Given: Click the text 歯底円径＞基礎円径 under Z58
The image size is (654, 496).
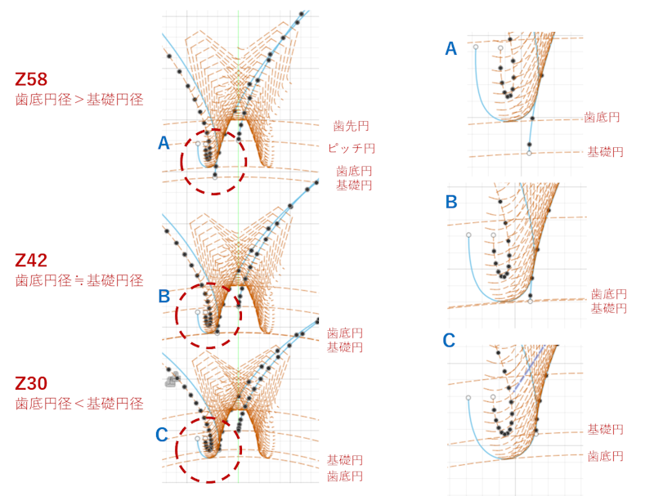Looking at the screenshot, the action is (x=79, y=100).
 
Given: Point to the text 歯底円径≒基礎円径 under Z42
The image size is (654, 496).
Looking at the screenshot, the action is (x=79, y=280).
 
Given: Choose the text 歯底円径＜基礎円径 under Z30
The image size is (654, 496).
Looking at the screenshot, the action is (x=79, y=403).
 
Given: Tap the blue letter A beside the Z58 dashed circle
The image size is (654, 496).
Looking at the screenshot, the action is (x=163, y=144).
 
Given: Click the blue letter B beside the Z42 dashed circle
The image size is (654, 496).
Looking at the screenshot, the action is (x=163, y=296).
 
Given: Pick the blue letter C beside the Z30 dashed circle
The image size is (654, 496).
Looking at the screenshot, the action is (x=161, y=436).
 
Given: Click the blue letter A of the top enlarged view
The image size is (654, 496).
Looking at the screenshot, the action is (x=450, y=49).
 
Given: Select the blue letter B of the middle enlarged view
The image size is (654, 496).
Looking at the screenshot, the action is (x=451, y=201).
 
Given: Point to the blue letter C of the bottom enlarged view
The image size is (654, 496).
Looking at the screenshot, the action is (x=449, y=340).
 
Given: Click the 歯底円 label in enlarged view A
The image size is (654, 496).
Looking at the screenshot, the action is (x=602, y=118).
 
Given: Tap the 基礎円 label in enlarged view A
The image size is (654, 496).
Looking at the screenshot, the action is (x=605, y=152).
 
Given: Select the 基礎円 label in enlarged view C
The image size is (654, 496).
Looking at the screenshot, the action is (x=606, y=429).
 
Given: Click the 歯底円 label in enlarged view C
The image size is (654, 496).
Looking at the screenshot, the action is (x=606, y=455).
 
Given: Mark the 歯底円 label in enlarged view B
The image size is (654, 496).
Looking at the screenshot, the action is (x=608, y=293).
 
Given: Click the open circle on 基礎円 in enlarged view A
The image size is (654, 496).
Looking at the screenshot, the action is (x=530, y=153).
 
